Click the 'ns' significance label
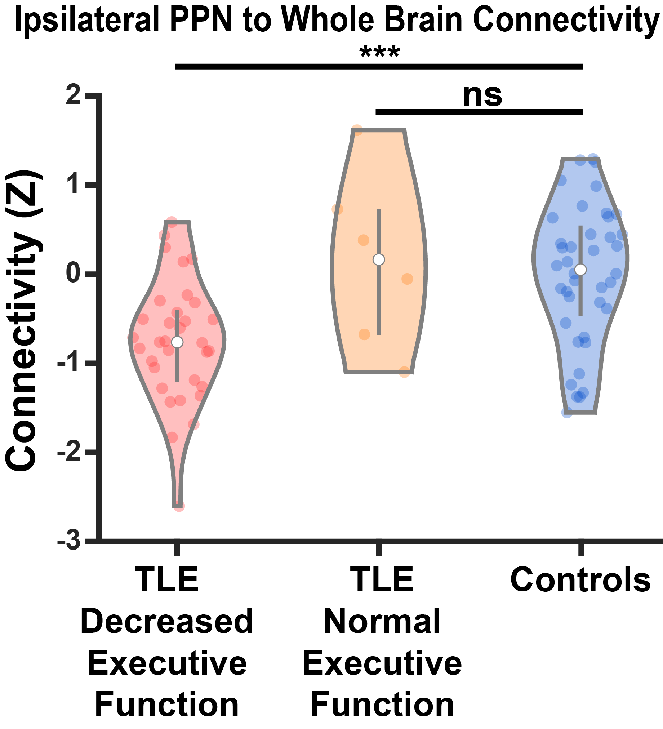482,96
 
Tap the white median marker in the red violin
177,342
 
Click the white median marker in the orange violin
379,259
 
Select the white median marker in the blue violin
580,270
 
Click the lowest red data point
179,506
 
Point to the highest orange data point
357,130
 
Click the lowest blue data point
567,412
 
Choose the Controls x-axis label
580,581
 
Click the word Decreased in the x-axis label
167,622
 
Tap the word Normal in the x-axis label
382,622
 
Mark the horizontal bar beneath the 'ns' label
479,112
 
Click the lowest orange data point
405,372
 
